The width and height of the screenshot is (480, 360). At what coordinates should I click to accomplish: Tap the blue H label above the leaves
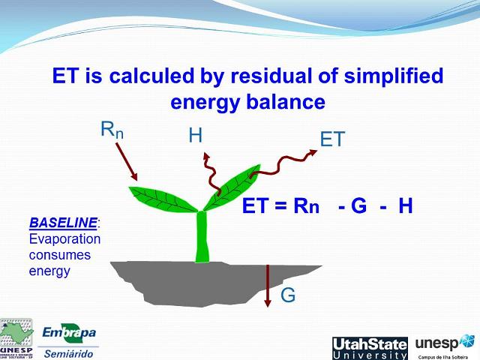coord(196,136)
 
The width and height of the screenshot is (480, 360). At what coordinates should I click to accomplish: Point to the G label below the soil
coord(288,295)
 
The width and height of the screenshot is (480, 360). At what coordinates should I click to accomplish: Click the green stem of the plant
coord(201,236)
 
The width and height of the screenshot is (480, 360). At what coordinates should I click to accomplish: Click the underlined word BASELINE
coord(63,223)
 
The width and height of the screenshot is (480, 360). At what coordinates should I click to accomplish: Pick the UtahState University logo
coord(370,347)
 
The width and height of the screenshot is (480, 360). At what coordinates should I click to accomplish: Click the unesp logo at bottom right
coord(445,345)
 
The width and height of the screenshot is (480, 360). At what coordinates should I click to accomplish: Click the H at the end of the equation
coord(406,206)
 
